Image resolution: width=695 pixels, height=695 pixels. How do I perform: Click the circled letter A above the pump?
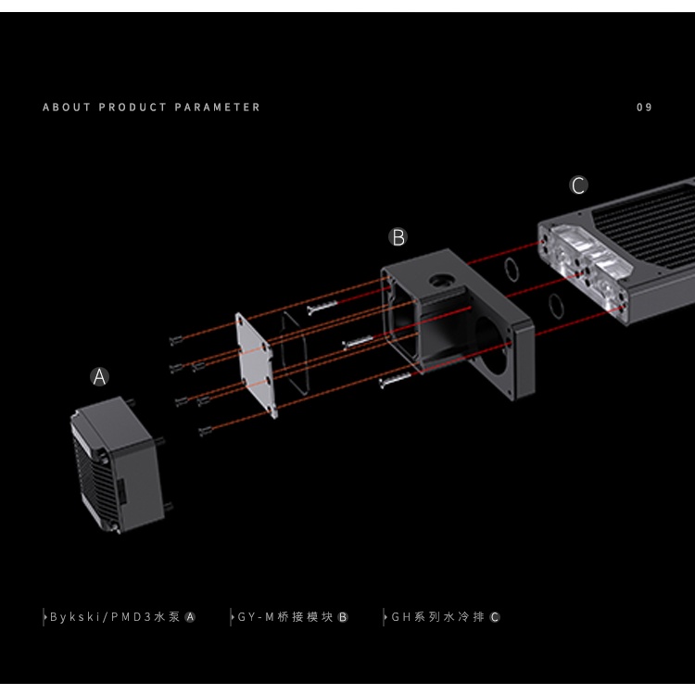pyautogui.click(x=100, y=377)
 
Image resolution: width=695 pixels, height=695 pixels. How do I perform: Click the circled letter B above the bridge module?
pyautogui.click(x=398, y=238)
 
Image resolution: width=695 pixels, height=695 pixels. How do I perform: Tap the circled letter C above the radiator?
pyautogui.click(x=579, y=186)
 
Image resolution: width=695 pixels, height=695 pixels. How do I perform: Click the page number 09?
pyautogui.click(x=645, y=107)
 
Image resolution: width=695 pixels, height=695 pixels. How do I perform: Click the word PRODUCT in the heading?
pyautogui.click(x=132, y=107)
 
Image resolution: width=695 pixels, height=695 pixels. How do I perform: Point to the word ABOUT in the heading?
pyautogui.click(x=68, y=107)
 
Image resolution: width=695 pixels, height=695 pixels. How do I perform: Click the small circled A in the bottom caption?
pyautogui.click(x=190, y=617)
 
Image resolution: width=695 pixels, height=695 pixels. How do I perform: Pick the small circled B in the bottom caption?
pyautogui.click(x=343, y=617)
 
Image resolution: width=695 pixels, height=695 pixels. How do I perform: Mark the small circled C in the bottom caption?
pyautogui.click(x=495, y=617)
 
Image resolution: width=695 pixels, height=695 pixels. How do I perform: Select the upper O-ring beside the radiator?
pyautogui.click(x=510, y=268)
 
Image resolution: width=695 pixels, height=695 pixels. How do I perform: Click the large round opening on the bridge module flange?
pyautogui.click(x=491, y=347)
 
